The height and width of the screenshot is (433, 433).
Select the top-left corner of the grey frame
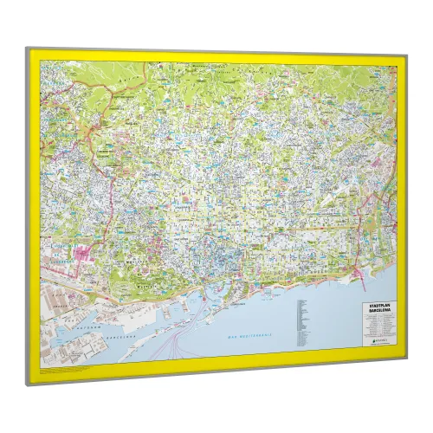point(26,49)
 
